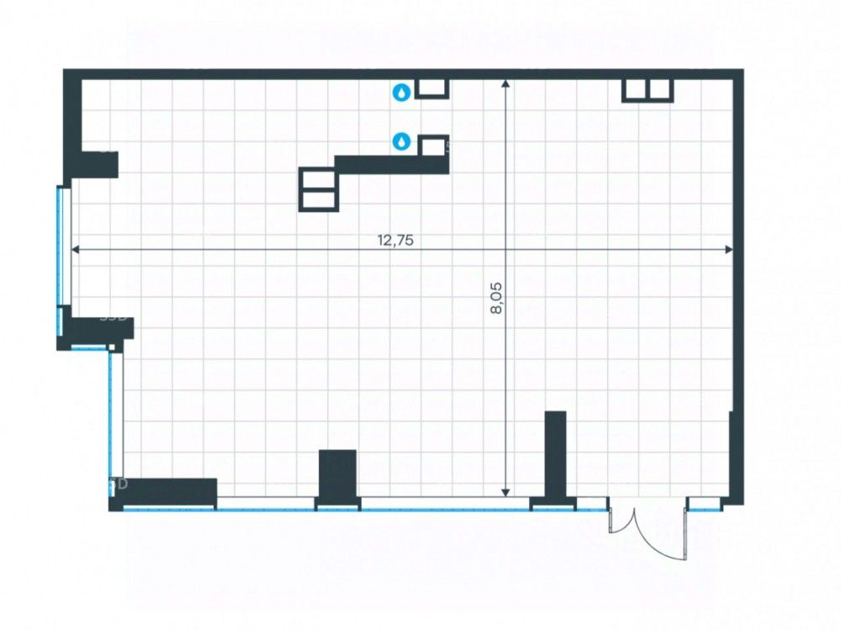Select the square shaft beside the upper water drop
click(433, 88)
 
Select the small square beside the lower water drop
click(432, 146)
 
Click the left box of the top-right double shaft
click(635, 89)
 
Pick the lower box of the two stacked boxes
click(320, 199)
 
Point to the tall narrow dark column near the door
click(555, 454)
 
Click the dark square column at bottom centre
click(337, 475)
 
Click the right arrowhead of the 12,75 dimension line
click(729, 249)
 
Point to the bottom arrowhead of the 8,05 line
click(505, 493)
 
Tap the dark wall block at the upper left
click(94, 164)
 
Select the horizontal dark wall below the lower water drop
click(391, 164)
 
